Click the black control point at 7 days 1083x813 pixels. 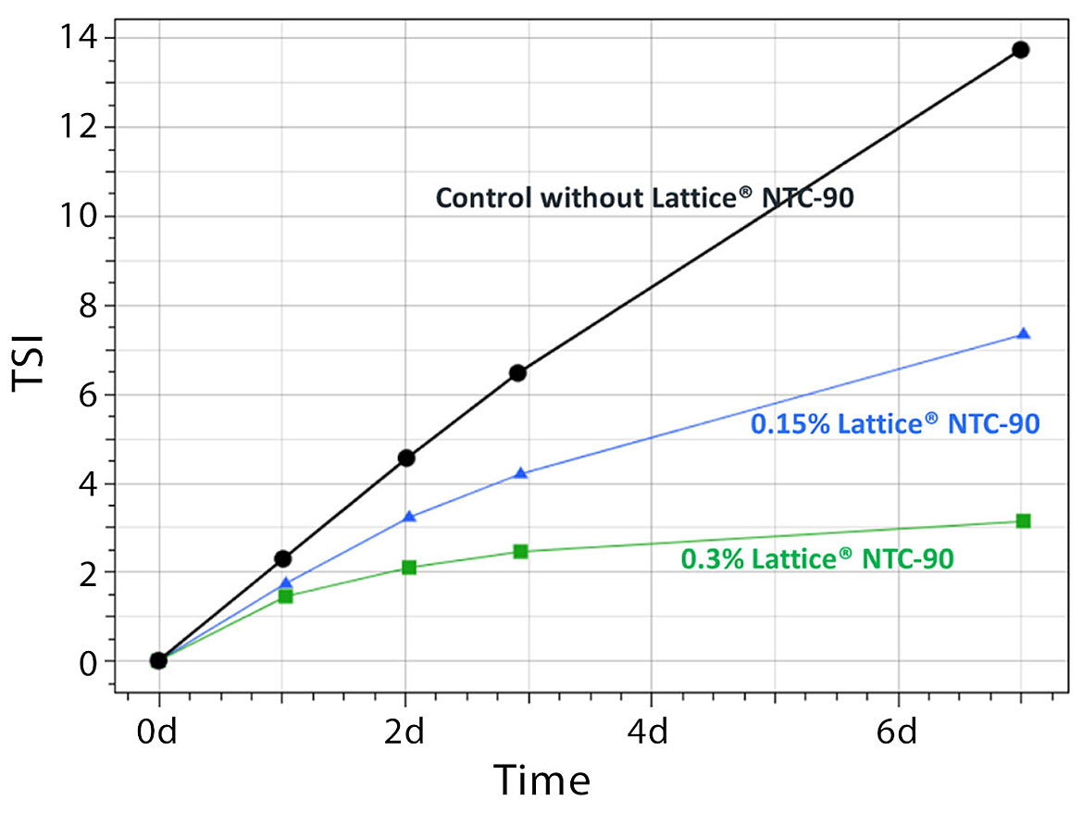click(x=1020, y=50)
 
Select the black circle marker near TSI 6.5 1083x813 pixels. click(x=518, y=373)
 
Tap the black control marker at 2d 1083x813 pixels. click(x=405, y=457)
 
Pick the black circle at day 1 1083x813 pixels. click(x=283, y=558)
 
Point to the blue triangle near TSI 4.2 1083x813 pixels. click(x=521, y=474)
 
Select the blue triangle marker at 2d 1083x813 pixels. click(x=409, y=517)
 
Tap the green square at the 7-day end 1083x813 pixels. click(x=1023, y=521)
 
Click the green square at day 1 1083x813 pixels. click(x=285, y=596)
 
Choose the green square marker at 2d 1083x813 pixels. click(x=408, y=568)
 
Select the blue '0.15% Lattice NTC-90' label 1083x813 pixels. click(x=894, y=424)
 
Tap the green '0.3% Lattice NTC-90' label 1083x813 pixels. click(x=817, y=558)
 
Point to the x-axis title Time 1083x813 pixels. click(x=541, y=780)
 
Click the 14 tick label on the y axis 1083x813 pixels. click(x=78, y=38)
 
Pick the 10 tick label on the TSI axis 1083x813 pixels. click(x=78, y=217)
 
